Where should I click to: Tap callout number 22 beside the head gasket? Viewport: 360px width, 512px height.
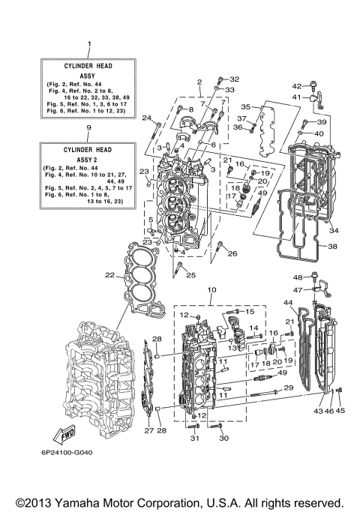[x=109, y=275]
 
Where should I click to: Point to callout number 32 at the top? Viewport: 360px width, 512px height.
[x=234, y=79]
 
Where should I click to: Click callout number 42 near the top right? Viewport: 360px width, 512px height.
[x=296, y=85]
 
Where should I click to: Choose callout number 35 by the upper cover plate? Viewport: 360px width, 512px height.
[x=244, y=107]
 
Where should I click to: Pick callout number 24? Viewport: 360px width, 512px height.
[x=147, y=117]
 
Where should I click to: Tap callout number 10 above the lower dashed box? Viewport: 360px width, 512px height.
[x=211, y=289]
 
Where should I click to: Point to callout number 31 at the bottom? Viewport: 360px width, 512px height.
[x=193, y=439]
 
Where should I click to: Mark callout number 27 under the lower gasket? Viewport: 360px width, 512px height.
[x=147, y=431]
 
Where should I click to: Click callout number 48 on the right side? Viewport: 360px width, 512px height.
[x=297, y=278]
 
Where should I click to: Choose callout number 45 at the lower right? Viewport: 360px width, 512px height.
[x=342, y=410]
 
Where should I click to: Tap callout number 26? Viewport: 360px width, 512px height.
[x=232, y=253]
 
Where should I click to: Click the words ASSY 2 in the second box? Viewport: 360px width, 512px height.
[x=88, y=159]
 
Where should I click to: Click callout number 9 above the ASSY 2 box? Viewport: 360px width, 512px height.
[x=88, y=128]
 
